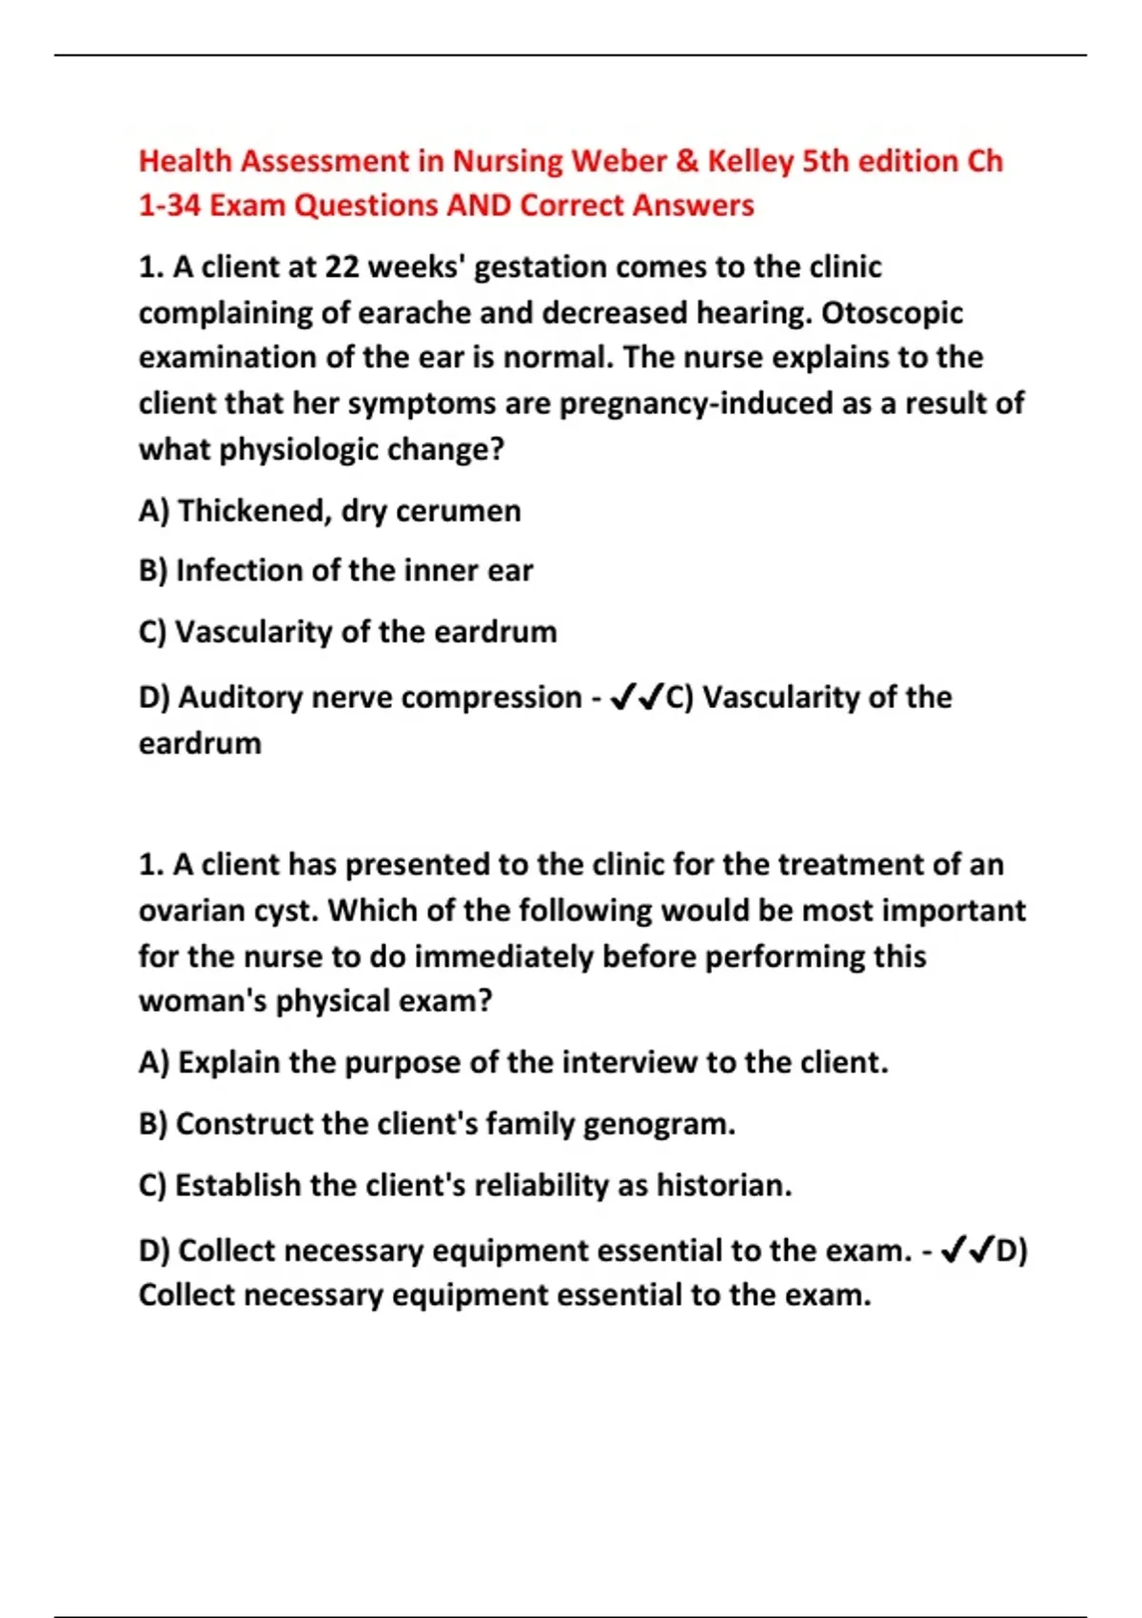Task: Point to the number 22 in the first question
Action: click(x=342, y=267)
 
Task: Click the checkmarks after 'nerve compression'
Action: click(x=637, y=699)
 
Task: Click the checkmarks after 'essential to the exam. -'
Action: click(x=967, y=1250)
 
